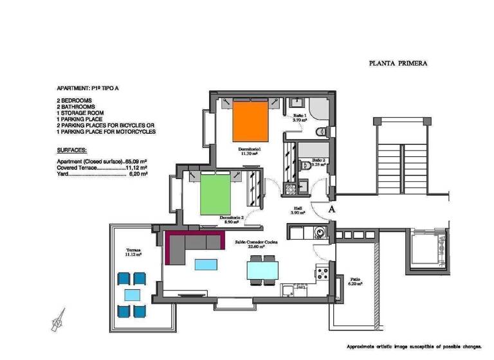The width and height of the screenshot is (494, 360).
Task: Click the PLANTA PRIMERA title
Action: [398, 64]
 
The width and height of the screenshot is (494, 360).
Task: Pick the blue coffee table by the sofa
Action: [206, 264]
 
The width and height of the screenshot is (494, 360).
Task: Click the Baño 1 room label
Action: [300, 118]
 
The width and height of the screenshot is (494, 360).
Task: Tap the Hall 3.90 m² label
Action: [298, 211]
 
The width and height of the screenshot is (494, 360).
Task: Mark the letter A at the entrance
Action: [332, 209]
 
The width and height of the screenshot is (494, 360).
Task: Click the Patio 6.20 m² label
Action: [354, 282]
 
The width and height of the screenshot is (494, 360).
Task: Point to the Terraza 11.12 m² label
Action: [134, 251]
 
